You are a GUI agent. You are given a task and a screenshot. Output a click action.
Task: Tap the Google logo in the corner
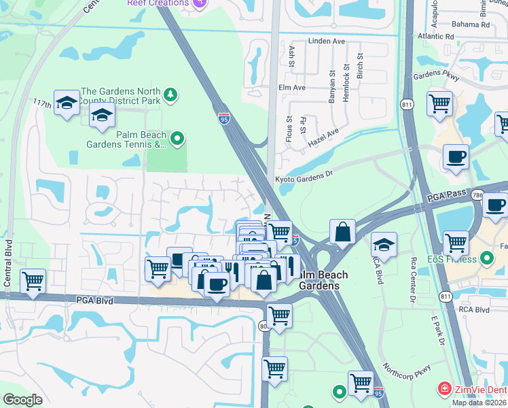tap(22, 400)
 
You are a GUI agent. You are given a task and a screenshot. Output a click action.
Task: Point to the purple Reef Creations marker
tap(199, 3)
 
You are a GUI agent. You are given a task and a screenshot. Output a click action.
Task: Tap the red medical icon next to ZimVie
tap(444, 388)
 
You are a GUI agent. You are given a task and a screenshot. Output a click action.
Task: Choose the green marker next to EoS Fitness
tap(486, 258)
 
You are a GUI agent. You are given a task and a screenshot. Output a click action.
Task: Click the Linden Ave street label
tap(327, 41)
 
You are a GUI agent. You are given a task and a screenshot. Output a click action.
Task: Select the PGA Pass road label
tap(447, 197)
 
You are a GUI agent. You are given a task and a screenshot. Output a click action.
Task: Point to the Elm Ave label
tap(292, 88)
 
